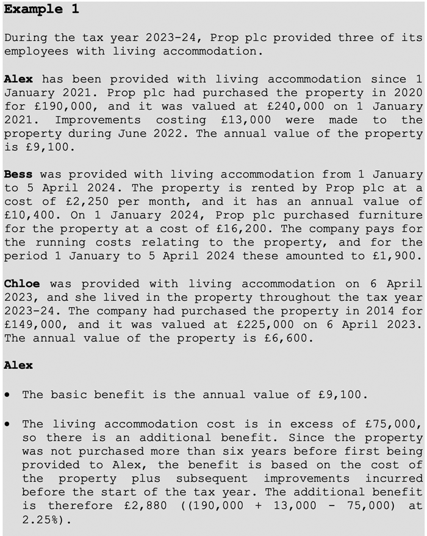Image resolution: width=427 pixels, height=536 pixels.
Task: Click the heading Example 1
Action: (41, 9)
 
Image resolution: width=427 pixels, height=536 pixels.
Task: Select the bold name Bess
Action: (18, 174)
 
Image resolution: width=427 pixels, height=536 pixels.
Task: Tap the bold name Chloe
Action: (21, 283)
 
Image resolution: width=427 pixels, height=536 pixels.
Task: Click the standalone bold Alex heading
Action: (18, 365)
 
